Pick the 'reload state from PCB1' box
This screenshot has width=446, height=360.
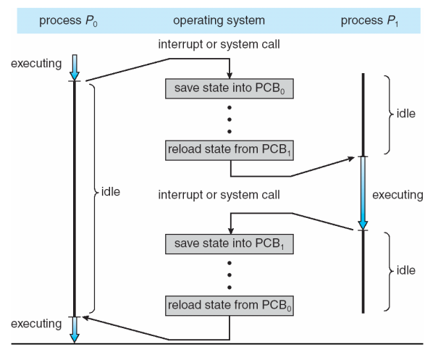point(229,151)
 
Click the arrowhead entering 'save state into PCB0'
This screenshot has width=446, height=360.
point(229,75)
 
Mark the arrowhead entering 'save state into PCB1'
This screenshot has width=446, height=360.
point(229,227)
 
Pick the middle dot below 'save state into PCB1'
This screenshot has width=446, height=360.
point(229,272)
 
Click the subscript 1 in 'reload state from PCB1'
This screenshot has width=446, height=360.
point(288,154)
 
